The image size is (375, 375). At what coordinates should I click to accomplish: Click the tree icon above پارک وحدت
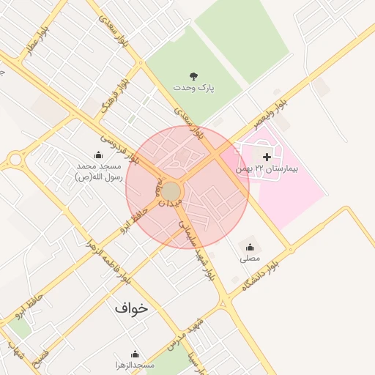point(193,75)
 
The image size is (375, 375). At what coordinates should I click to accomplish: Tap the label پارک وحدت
point(194,87)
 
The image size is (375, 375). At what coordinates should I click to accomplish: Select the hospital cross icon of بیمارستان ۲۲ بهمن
point(267,156)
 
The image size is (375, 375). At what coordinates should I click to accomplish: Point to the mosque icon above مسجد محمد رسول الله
point(98,155)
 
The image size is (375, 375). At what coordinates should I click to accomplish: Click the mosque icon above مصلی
point(250,247)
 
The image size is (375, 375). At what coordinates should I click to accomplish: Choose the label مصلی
point(250,259)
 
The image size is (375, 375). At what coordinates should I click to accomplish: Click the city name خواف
point(131,308)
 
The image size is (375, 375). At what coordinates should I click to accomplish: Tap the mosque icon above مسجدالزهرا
point(134,354)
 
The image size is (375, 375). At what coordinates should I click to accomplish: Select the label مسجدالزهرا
point(134,365)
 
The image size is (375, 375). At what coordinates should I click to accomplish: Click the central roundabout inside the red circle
point(171,191)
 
